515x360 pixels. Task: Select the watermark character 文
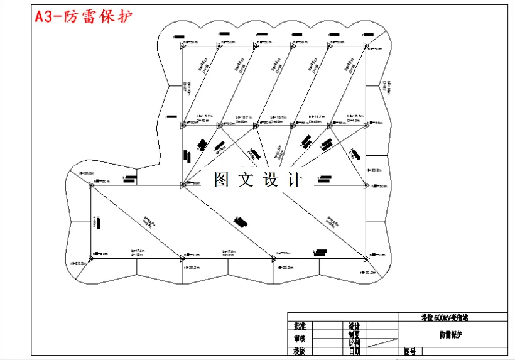click(246, 180)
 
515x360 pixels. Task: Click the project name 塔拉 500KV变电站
click(452, 318)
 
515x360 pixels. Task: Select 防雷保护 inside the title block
click(452, 335)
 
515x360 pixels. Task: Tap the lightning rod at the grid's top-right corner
click(366, 45)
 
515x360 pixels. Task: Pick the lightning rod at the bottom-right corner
click(366, 257)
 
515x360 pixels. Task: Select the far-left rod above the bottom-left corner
click(91, 185)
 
